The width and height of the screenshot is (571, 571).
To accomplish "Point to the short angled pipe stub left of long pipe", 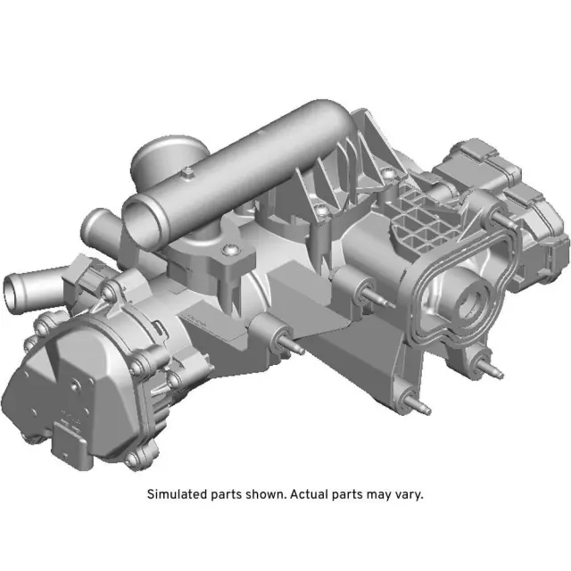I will [100, 223].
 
